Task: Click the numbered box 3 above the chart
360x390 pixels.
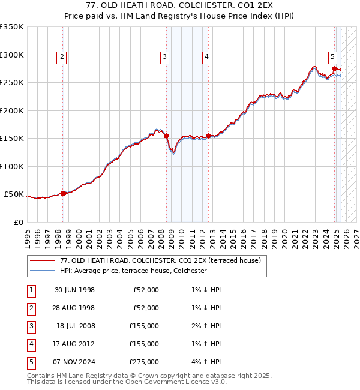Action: click(164, 57)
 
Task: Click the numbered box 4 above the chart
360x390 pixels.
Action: click(206, 57)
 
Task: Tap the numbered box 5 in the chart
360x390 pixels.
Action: click(332, 57)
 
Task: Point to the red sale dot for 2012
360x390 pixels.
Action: click(208, 136)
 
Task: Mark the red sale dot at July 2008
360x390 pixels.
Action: click(167, 136)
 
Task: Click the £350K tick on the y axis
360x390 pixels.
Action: click(12, 27)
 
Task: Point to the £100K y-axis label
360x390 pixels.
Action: click(12, 166)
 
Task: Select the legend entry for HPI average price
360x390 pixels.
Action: click(133, 271)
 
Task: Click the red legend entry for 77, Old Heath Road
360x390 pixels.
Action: click(160, 261)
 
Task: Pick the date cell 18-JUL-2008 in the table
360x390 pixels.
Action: click(74, 326)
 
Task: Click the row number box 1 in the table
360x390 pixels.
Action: click(29, 290)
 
